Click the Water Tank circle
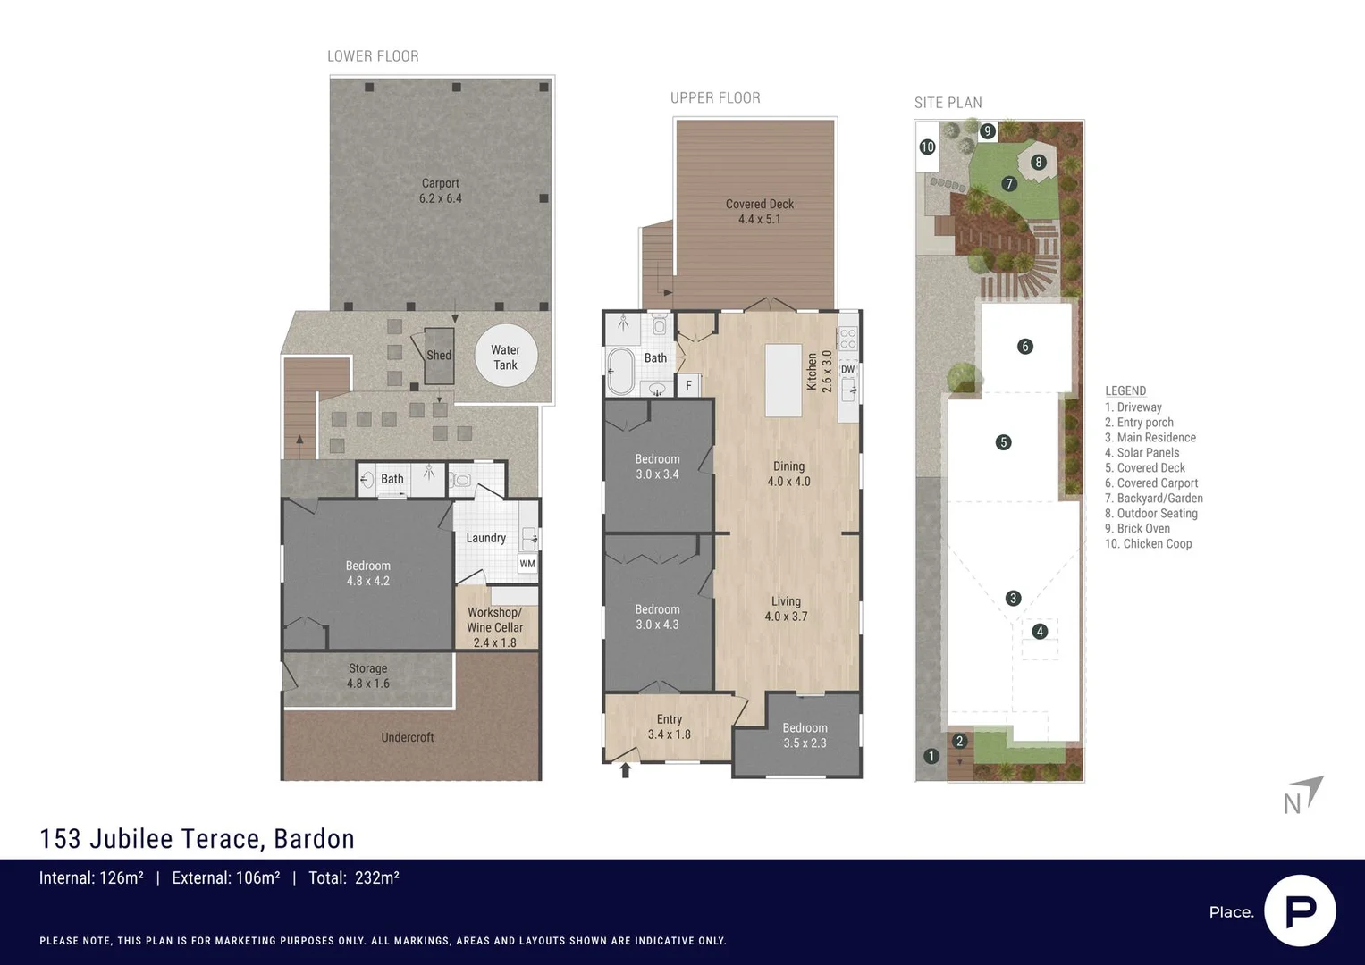tap(505, 357)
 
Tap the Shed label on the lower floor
tap(438, 355)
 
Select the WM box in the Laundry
tap(527, 564)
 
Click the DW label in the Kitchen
tap(847, 369)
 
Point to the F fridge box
tap(688, 385)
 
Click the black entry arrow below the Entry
tap(626, 770)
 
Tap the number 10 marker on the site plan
tap(927, 147)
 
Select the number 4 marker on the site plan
tap(1040, 632)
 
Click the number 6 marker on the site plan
tap(1025, 347)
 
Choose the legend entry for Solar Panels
tap(1142, 452)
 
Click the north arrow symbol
tap(1304, 794)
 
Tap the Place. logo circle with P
tap(1300, 910)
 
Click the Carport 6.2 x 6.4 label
tap(441, 190)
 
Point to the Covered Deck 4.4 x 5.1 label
tap(759, 211)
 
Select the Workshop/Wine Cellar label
tap(495, 626)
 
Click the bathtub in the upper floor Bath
tap(619, 371)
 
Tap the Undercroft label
tap(408, 737)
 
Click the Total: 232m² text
tap(354, 877)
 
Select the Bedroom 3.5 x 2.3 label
tap(805, 734)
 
